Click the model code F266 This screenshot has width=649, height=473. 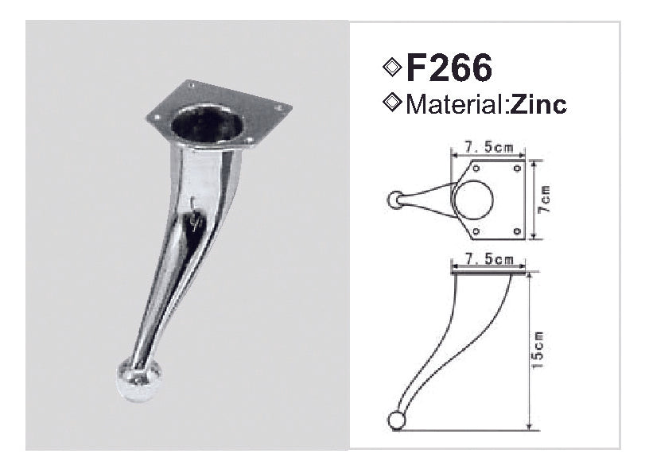click(x=449, y=68)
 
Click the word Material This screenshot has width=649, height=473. click(x=453, y=104)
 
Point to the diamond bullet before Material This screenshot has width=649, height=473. click(x=391, y=103)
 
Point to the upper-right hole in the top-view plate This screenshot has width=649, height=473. click(x=517, y=168)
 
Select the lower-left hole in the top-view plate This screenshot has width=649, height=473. click(x=475, y=231)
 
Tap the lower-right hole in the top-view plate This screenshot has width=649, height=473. click(x=517, y=231)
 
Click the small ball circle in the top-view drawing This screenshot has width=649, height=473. click(x=394, y=200)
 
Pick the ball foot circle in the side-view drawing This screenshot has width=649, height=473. click(x=397, y=421)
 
